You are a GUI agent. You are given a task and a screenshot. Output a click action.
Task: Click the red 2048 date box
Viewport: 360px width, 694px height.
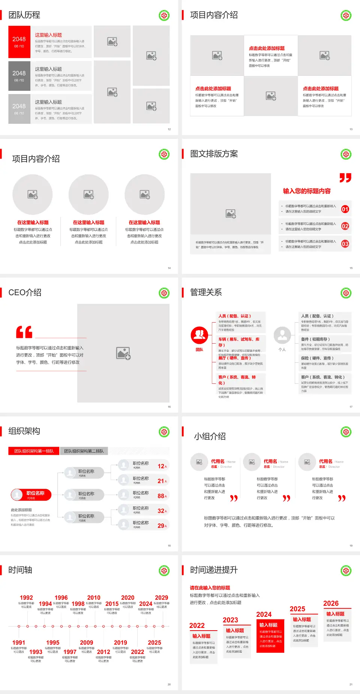click(x=19, y=42)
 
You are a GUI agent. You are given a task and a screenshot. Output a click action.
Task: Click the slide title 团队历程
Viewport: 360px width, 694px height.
click(x=24, y=15)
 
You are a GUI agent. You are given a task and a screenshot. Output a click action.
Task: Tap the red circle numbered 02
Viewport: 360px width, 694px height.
click(x=345, y=226)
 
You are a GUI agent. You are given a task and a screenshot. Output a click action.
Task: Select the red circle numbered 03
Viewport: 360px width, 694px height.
click(x=345, y=244)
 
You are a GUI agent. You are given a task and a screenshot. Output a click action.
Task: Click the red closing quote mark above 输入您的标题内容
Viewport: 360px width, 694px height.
click(x=345, y=177)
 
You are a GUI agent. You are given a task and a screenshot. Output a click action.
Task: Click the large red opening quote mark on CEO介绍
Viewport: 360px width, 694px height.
click(x=24, y=332)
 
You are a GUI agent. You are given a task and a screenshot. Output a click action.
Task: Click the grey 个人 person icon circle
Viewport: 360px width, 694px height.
click(x=282, y=335)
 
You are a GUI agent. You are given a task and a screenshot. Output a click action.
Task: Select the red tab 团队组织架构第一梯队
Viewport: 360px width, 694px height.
click(x=34, y=451)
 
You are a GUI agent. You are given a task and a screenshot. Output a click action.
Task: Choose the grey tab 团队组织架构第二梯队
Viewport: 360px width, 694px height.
click(x=84, y=451)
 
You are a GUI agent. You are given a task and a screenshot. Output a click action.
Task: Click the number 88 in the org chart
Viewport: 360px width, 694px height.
click(x=161, y=496)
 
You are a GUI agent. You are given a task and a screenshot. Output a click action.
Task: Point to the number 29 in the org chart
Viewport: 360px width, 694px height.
click(x=161, y=526)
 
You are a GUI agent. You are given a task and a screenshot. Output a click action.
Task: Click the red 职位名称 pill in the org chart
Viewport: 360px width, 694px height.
click(x=31, y=495)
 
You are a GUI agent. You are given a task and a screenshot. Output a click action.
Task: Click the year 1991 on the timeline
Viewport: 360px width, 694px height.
click(x=19, y=643)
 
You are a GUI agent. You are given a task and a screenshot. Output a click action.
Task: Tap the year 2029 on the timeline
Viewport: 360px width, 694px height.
click(x=161, y=598)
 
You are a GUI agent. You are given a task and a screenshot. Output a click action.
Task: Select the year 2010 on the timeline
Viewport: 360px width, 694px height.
click(x=94, y=598)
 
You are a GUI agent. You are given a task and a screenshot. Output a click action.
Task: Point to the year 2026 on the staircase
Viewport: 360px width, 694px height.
click(x=331, y=603)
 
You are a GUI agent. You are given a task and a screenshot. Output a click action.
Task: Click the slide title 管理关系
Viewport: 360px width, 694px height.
click(x=206, y=292)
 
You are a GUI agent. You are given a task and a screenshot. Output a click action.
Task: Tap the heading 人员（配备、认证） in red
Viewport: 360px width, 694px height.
click(x=235, y=316)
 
